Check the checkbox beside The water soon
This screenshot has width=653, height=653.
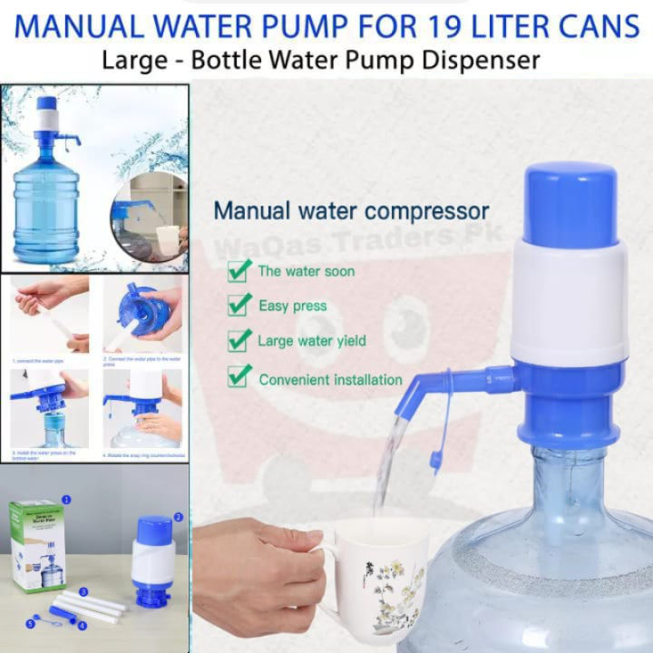coord(239,269)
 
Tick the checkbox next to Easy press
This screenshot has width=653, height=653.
coord(239,305)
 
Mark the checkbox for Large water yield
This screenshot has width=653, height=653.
coord(239,340)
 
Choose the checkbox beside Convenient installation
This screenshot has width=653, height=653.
coord(239,376)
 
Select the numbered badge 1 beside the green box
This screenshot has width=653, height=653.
coord(65,499)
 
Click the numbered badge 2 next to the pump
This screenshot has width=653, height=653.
coord(179,517)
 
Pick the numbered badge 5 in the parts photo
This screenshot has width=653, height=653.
coord(29,624)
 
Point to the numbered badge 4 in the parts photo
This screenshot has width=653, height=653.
coord(82,625)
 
